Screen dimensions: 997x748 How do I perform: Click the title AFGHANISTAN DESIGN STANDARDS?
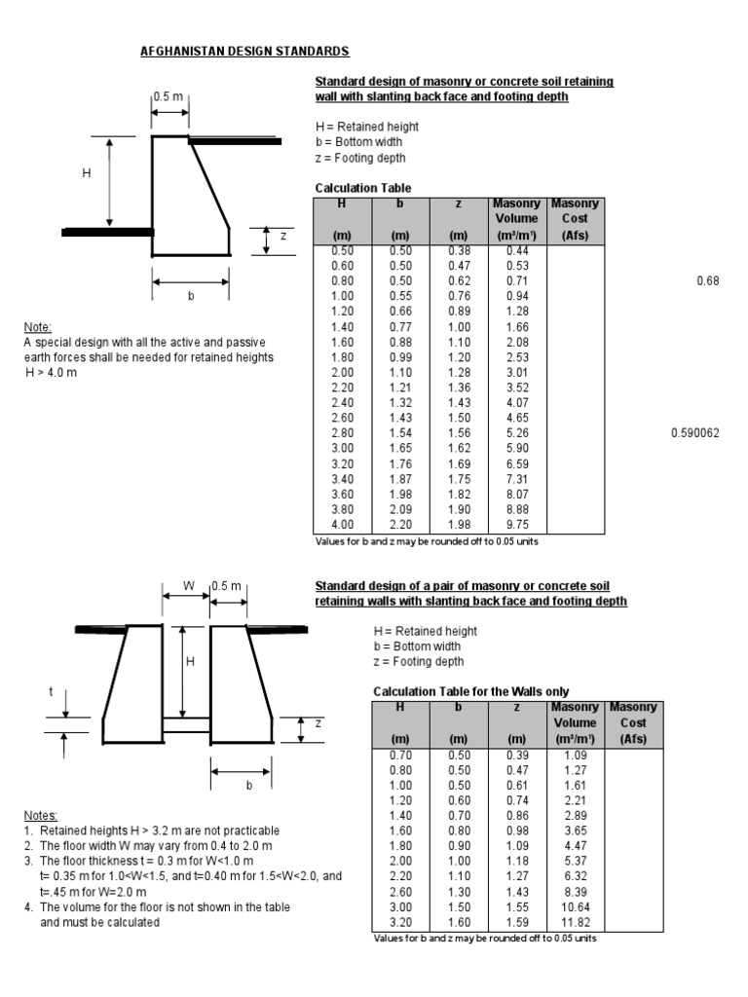tap(245, 51)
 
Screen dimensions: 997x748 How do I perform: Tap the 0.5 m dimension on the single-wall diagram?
tap(170, 96)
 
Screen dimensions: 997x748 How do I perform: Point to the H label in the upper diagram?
tap(87, 172)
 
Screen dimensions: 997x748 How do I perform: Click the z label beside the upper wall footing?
tap(283, 237)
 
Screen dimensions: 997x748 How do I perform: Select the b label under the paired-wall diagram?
tap(248, 784)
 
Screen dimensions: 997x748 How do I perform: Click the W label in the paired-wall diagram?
tap(189, 585)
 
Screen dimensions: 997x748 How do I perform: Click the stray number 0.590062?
tap(694, 432)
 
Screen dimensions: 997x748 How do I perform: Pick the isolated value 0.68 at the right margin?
tap(707, 280)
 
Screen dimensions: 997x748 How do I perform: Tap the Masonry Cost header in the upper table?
tap(576, 219)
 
